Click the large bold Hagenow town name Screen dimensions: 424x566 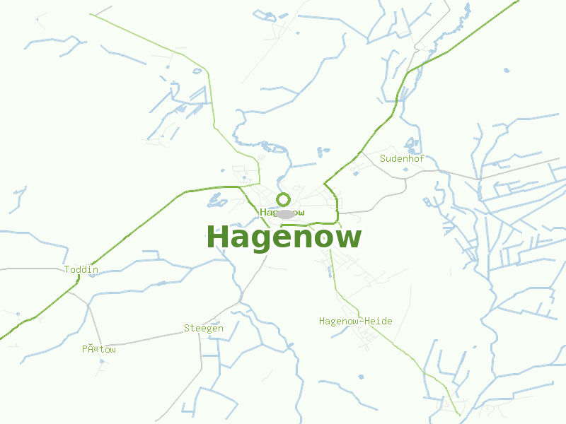pyautogui.click(x=284, y=237)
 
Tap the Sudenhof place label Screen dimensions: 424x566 pyautogui.click(x=402, y=158)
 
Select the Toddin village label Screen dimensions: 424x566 pyautogui.click(x=81, y=269)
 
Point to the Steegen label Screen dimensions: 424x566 pyautogui.click(x=204, y=328)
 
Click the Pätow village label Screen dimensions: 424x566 pyautogui.click(x=98, y=349)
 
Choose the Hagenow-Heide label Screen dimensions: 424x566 pyautogui.click(x=355, y=321)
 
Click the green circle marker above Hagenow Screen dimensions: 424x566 pyautogui.click(x=284, y=199)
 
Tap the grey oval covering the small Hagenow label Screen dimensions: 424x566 pyautogui.click(x=285, y=213)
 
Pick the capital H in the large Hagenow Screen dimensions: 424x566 pyautogui.click(x=217, y=237)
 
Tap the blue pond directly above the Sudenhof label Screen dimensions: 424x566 pyautogui.click(x=410, y=143)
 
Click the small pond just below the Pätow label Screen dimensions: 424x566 pyautogui.click(x=101, y=361)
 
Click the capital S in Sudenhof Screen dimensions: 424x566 pyautogui.click(x=383, y=158)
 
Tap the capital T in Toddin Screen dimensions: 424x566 pyautogui.click(x=67, y=269)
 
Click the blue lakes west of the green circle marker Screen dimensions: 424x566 pyautogui.click(x=216, y=201)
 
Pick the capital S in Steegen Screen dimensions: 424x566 pyautogui.click(x=187, y=328)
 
